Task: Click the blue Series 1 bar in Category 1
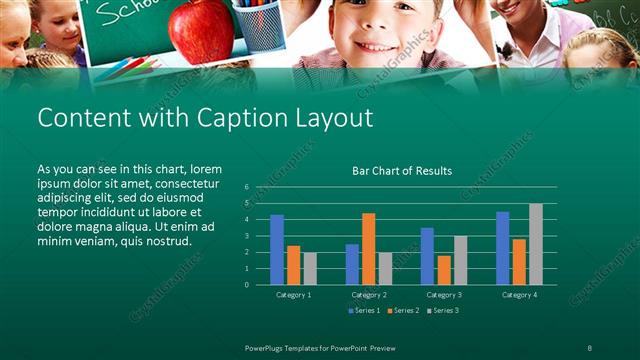coord(277,250)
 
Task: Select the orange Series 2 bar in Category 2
coord(368,248)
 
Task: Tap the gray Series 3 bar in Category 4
coord(536,244)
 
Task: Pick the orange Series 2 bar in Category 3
coord(444,270)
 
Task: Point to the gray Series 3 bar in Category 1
coord(310,268)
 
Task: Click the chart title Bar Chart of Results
coord(402,171)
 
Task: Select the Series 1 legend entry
coord(365,311)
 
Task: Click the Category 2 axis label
coord(368,295)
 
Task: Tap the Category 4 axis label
coord(518,295)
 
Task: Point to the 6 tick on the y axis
coord(246,187)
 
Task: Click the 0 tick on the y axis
coord(246,284)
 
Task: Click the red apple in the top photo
coord(201,30)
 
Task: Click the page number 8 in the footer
coord(591,346)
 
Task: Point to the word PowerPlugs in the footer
coord(269,346)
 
